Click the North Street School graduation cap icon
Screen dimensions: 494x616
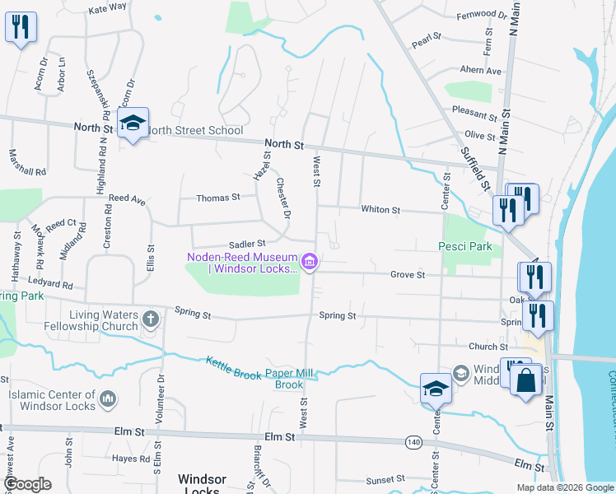tap(132, 123)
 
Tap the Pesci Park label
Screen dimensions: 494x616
tap(464, 246)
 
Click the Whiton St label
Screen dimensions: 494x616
tap(380, 210)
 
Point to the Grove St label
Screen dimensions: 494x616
tap(407, 274)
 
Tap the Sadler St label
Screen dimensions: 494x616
tap(247, 244)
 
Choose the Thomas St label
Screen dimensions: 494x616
tap(217, 198)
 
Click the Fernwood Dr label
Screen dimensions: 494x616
tap(482, 15)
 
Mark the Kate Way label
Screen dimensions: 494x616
tap(106, 7)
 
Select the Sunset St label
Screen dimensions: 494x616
tap(385, 478)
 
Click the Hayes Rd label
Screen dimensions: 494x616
tap(130, 459)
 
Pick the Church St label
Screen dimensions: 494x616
tap(488, 347)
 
